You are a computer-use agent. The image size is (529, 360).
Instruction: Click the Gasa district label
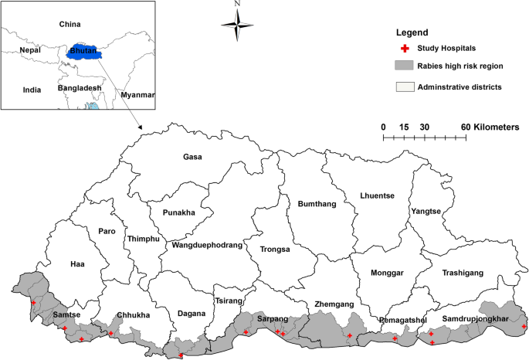point(192,157)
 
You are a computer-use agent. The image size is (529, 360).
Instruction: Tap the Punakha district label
point(179,212)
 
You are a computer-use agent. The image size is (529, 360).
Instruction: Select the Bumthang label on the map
point(314,204)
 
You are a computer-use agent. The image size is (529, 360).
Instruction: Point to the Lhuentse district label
point(377,195)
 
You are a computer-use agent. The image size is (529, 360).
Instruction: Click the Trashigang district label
point(463,273)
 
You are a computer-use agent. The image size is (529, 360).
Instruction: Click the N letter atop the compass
point(238,5)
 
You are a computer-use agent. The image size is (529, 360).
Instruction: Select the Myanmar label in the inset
point(137,95)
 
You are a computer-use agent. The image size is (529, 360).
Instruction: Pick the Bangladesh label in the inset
point(80,89)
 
